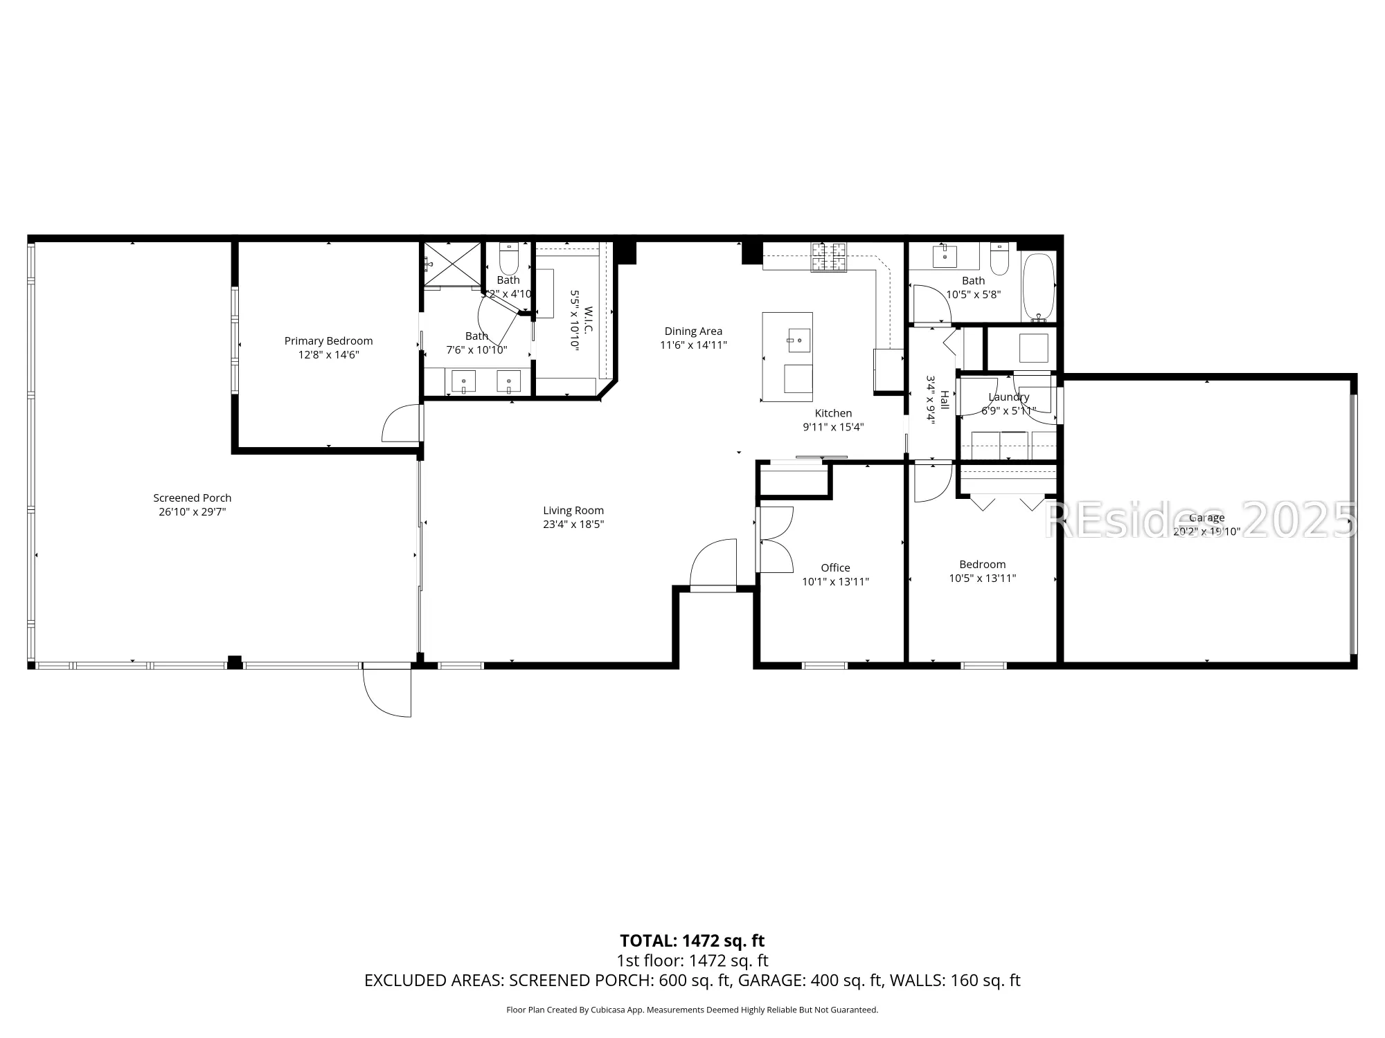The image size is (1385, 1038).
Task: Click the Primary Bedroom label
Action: pos(328,340)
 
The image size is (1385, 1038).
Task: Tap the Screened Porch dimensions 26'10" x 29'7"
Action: pos(193,512)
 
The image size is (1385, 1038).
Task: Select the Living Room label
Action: pos(573,511)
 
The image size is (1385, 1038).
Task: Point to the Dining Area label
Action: pos(693,331)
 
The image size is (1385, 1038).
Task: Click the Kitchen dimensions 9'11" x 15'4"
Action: pos(833,427)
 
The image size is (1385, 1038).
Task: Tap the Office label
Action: pos(835,567)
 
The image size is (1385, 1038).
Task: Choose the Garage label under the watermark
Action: pos(1206,518)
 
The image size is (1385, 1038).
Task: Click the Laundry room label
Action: pos(1008,397)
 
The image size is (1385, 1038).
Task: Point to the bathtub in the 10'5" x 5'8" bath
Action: pos(1038,286)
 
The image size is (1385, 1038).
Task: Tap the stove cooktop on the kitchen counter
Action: pos(829,257)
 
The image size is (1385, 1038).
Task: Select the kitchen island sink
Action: pos(798,340)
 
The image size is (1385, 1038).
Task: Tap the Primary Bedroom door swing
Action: pos(400,424)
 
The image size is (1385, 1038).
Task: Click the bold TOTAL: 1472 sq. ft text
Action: pos(692,940)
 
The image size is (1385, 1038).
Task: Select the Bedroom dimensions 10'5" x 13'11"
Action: pos(982,579)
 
